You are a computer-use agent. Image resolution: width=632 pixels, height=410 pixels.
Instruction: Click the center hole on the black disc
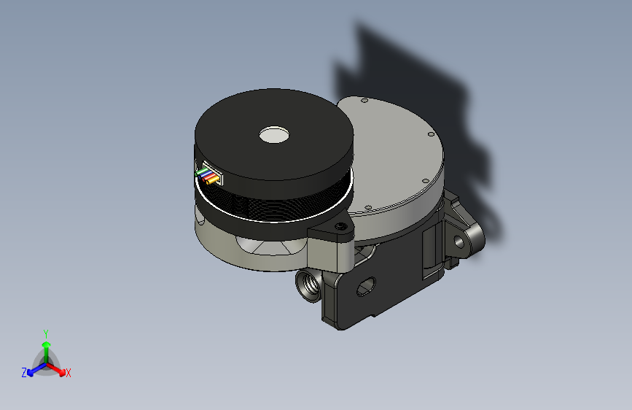(274, 134)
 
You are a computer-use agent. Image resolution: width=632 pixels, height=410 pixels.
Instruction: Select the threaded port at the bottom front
(308, 285)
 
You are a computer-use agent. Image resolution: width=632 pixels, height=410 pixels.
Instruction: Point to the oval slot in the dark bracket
(364, 287)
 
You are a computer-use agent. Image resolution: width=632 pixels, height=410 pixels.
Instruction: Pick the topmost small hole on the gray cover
(362, 100)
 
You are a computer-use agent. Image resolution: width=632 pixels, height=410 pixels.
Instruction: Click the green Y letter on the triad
(45, 333)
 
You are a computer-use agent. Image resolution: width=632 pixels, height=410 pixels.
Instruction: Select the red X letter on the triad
(69, 373)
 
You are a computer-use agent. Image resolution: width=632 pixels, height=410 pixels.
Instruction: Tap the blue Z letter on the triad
(24, 372)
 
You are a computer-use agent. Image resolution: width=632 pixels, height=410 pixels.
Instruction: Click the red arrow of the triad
(58, 368)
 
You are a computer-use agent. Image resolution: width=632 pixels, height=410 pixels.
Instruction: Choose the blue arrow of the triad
(34, 369)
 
